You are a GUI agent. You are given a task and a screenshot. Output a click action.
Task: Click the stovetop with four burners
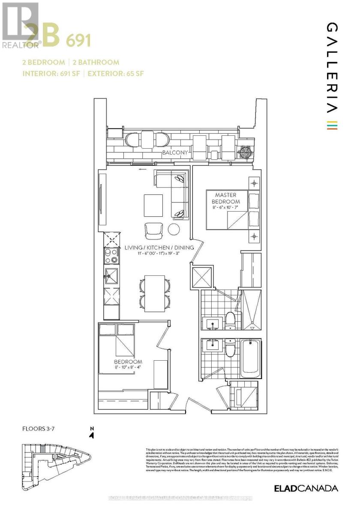coord(111,255)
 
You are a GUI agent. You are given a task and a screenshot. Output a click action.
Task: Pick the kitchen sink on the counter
coord(111,278)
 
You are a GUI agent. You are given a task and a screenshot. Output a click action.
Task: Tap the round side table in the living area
coord(174,230)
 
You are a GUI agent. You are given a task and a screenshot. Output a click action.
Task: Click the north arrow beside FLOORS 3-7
coord(91,434)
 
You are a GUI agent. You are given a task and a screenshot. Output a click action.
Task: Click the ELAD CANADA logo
coord(306,488)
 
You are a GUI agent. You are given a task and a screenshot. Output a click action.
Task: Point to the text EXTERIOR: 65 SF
coord(116,73)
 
